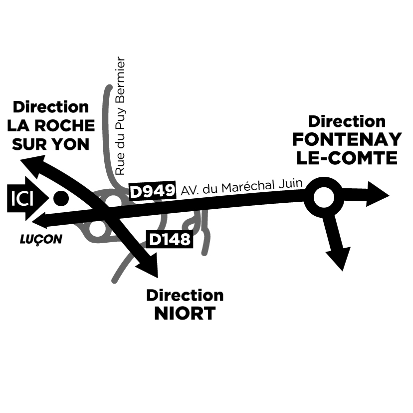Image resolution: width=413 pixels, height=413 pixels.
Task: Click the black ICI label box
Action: click(21, 199)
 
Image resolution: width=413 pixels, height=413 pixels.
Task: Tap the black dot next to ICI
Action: click(60, 199)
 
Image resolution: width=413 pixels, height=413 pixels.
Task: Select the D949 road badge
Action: click(153, 191)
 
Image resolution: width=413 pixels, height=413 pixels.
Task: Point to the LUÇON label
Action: click(41, 240)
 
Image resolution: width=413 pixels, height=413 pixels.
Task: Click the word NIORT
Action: click(185, 314)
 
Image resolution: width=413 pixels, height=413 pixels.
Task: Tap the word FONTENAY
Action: click(347, 139)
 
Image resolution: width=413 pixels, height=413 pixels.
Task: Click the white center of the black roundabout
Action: click(324, 198)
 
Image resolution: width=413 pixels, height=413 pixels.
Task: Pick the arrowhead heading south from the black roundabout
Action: click(340, 257)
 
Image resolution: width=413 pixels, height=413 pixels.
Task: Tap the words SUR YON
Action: click(50, 144)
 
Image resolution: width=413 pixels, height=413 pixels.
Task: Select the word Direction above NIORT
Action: click(185, 295)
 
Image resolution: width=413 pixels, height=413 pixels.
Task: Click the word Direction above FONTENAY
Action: click(347, 121)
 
